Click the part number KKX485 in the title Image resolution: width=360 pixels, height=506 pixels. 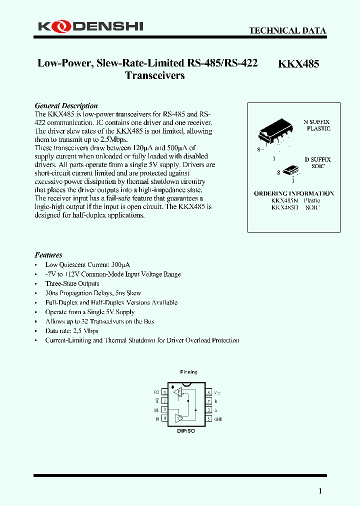click(x=298, y=63)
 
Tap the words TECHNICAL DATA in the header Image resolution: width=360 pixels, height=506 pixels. click(x=287, y=30)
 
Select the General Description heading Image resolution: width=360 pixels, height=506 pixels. click(x=66, y=105)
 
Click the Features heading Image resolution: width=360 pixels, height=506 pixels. click(x=48, y=254)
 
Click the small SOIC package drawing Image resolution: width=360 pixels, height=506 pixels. click(x=290, y=170)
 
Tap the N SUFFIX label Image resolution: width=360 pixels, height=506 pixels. click(x=317, y=122)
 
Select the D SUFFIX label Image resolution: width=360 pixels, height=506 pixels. click(x=318, y=159)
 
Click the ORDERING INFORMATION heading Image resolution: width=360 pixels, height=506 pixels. click(x=294, y=193)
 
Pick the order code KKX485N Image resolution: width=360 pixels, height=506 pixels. click(x=284, y=200)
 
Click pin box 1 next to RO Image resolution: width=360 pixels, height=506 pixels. click(x=164, y=392)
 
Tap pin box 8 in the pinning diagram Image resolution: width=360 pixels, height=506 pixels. click(x=209, y=392)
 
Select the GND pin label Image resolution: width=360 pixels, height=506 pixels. click(x=218, y=419)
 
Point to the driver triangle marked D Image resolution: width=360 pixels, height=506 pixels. click(x=178, y=418)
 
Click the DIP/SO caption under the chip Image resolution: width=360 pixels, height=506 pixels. click(x=186, y=430)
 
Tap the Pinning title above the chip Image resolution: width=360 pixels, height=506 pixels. click(x=188, y=372)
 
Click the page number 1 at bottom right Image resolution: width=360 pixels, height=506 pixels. click(x=320, y=491)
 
